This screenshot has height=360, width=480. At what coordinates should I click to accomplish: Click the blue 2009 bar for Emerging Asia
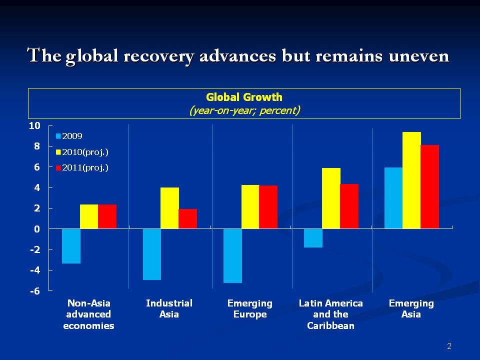click(393, 198)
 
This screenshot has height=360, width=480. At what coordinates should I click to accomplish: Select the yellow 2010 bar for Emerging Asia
click(411, 180)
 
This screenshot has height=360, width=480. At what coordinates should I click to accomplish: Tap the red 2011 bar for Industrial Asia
click(187, 219)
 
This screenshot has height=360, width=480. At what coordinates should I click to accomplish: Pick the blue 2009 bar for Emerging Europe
click(232, 255)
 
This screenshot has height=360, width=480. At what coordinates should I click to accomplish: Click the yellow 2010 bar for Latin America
click(331, 198)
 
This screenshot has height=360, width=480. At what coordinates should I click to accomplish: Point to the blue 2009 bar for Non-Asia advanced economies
click(71, 246)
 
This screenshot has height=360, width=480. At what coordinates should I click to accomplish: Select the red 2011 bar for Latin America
click(349, 206)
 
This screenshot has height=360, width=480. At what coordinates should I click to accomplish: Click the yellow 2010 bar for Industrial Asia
click(169, 208)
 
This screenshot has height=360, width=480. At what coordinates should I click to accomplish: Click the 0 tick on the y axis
click(36, 229)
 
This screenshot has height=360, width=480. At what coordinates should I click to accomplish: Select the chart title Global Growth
click(244, 97)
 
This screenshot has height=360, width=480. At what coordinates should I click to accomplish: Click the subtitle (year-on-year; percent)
click(244, 110)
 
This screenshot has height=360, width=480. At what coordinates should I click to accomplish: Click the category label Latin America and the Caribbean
click(330, 314)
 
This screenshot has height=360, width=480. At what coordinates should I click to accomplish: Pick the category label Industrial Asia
click(169, 308)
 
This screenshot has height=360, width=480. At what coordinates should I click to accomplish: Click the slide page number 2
click(449, 346)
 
